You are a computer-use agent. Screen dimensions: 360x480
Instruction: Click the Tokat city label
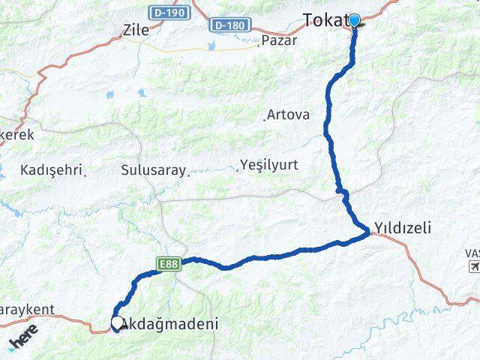[x=324, y=19]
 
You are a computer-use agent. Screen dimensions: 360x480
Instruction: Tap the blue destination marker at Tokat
[x=354, y=20]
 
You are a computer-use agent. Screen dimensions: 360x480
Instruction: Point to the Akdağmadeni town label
[x=170, y=325]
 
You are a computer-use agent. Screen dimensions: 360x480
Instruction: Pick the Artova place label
[x=289, y=115]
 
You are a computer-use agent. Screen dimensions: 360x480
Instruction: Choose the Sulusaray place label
[x=152, y=170]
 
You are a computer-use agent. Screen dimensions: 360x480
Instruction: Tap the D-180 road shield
[x=228, y=25]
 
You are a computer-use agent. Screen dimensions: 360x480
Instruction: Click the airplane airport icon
[x=474, y=266]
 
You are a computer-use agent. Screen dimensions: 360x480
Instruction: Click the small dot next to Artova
[x=265, y=118]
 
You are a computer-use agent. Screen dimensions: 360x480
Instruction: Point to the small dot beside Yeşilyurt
[x=237, y=169]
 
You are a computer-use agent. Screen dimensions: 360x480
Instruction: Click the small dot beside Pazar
[x=259, y=43]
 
